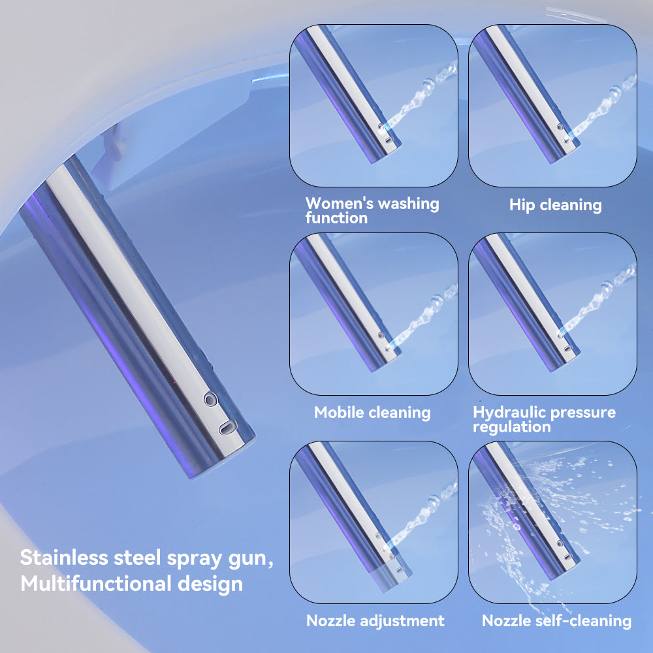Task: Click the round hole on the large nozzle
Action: [211, 400]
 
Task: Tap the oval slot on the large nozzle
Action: [228, 427]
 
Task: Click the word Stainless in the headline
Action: [64, 558]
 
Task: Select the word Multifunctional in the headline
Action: [96, 583]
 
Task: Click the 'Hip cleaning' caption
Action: [555, 205]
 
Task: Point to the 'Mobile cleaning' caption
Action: [372, 413]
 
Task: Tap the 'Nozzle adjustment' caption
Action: [375, 620]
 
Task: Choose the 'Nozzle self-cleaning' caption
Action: [556, 620]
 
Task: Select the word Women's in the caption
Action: [339, 203]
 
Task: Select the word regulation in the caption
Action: [512, 427]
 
